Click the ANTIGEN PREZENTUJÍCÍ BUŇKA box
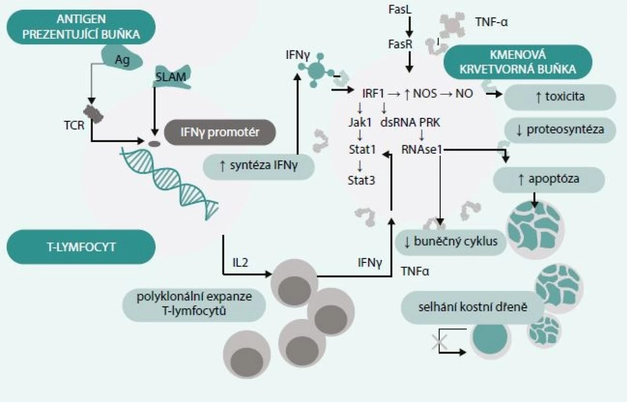click(x=81, y=27)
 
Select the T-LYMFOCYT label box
click(x=81, y=247)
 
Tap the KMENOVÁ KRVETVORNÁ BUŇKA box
click(x=518, y=62)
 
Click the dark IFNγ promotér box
click(x=220, y=132)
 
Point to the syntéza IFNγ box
click(x=259, y=167)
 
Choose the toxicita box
click(x=560, y=97)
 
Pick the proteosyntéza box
click(x=560, y=130)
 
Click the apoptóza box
click(x=549, y=180)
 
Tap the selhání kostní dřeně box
click(x=472, y=308)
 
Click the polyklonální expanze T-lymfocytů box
click(x=194, y=305)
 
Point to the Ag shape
click(x=122, y=58)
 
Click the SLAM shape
click(x=171, y=77)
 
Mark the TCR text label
click(x=74, y=125)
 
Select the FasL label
click(x=400, y=10)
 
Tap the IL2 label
click(x=240, y=263)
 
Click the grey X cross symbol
click(x=440, y=342)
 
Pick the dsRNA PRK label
click(x=410, y=122)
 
